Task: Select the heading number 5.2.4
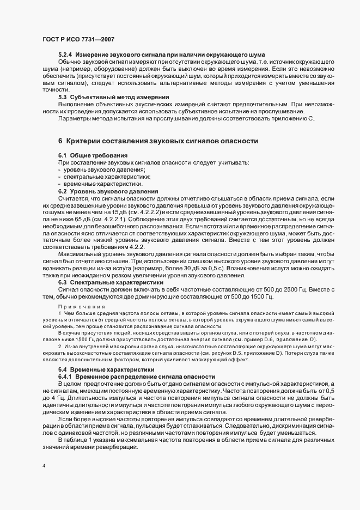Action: coord(65,56)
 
